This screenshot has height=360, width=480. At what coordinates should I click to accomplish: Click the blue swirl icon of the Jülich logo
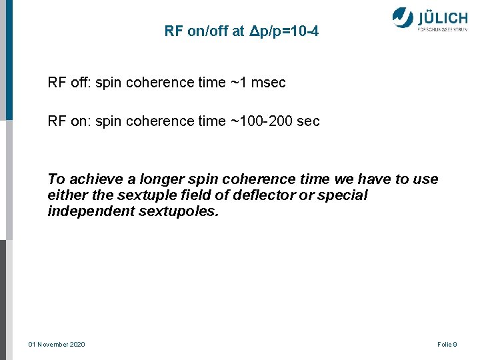pyautogui.click(x=403, y=17)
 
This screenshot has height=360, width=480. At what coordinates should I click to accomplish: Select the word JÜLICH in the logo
pyautogui.click(x=442, y=17)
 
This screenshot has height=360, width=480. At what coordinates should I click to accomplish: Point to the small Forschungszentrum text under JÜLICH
pyautogui.click(x=442, y=30)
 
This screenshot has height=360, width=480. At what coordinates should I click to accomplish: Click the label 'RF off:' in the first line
pyautogui.click(x=69, y=83)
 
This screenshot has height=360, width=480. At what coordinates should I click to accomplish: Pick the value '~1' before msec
pyautogui.click(x=238, y=83)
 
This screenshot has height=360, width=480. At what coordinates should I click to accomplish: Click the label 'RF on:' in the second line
pyautogui.click(x=69, y=121)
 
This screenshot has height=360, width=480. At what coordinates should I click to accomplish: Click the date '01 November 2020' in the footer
pyautogui.click(x=57, y=344)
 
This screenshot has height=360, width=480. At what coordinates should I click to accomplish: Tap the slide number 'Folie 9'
pyautogui.click(x=447, y=344)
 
